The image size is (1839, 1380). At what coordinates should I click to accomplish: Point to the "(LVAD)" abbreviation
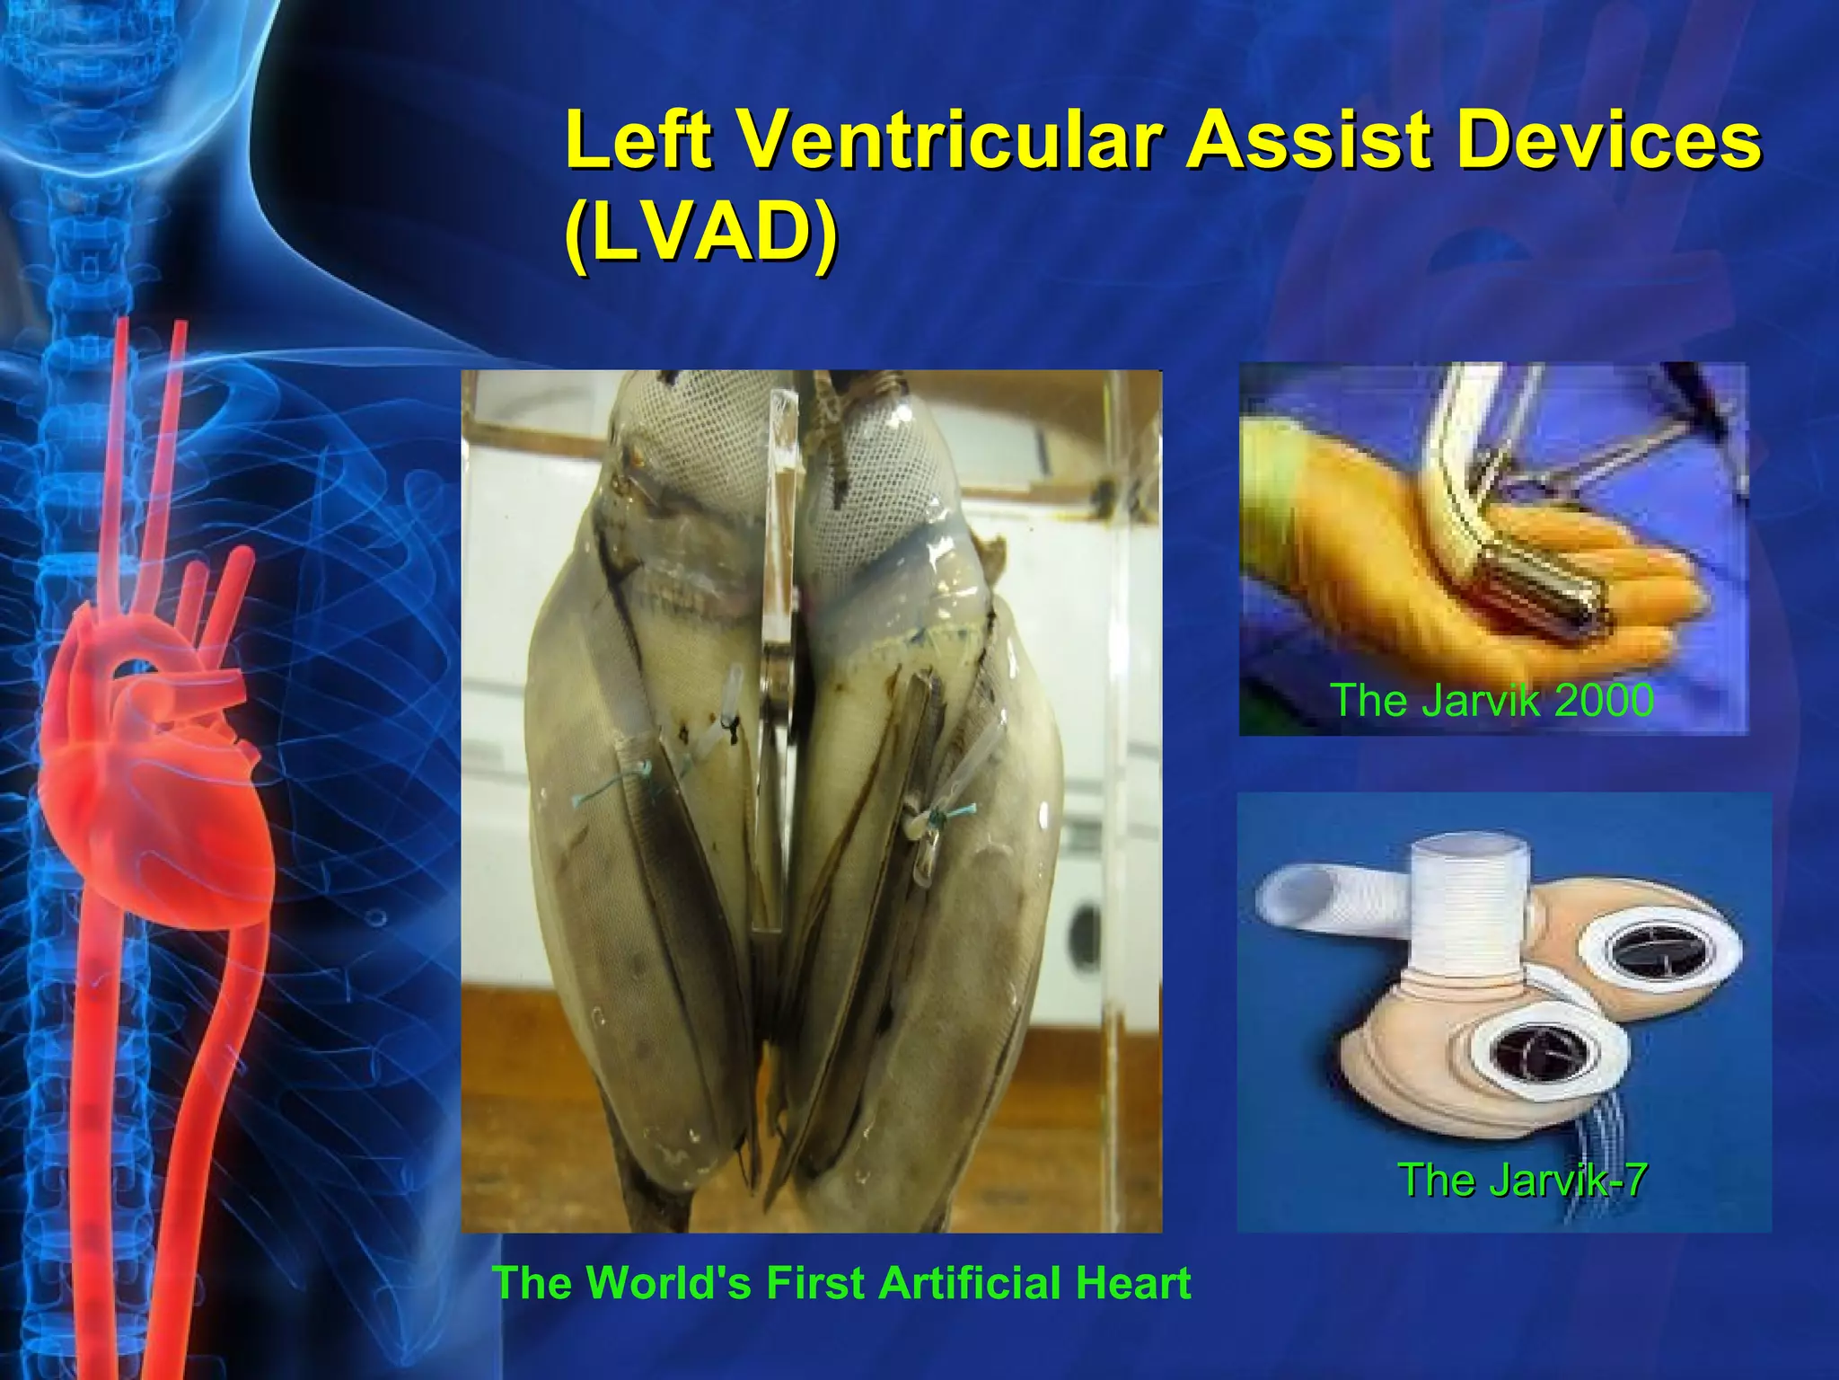pyautogui.click(x=701, y=234)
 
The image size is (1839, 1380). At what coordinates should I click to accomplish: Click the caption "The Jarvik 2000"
pyautogui.click(x=1491, y=700)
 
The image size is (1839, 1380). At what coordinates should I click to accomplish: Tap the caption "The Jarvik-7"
pyautogui.click(x=1522, y=1180)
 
